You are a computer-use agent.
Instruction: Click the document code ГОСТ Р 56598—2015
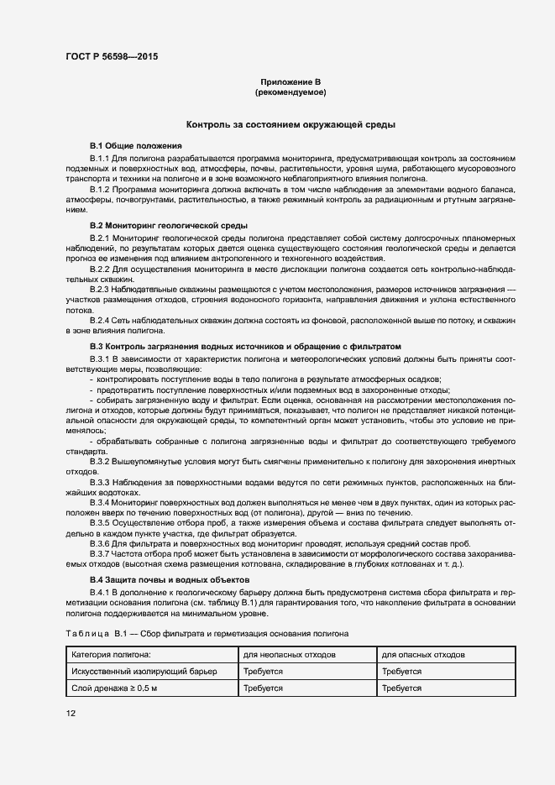[112, 56]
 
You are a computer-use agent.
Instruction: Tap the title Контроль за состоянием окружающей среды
[291, 123]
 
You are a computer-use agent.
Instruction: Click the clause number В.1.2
[100, 189]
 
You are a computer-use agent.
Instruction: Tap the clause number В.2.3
[100, 288]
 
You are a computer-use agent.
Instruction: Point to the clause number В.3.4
[100, 501]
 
